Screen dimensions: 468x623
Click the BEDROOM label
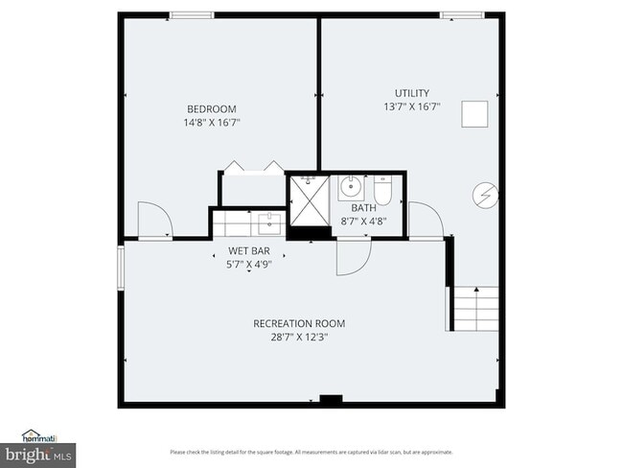(211, 109)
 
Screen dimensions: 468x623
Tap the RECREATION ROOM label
(299, 323)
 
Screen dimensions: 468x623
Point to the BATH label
(363, 208)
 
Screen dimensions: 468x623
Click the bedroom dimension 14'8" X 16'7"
(211, 123)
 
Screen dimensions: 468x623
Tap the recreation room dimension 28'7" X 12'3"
(299, 338)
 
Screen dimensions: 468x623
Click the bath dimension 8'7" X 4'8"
(363, 222)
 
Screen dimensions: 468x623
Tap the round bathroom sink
(352, 184)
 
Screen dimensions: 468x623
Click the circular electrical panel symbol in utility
(485, 196)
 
